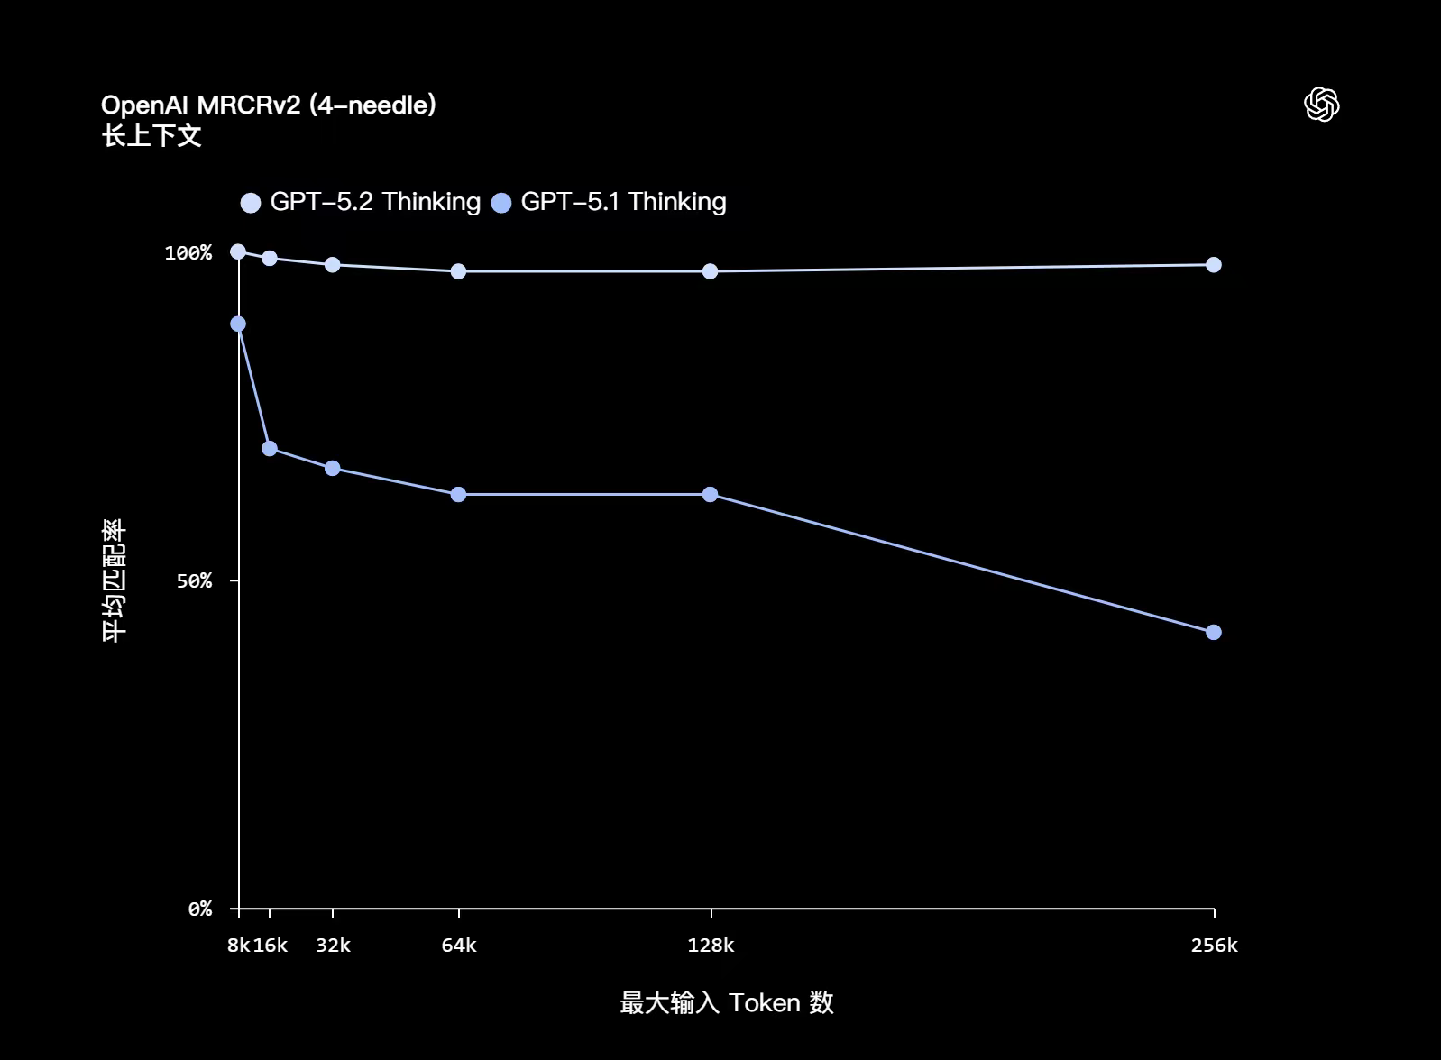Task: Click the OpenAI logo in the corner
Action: [x=1321, y=105]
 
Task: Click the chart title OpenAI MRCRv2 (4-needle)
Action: [x=269, y=105]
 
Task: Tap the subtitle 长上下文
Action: [x=151, y=136]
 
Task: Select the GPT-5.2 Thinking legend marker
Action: [x=251, y=202]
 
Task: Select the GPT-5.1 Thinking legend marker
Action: [x=501, y=202]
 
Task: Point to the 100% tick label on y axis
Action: [x=188, y=252]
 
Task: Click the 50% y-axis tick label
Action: [x=194, y=580]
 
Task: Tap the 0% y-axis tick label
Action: [x=199, y=909]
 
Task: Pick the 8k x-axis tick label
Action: [x=238, y=945]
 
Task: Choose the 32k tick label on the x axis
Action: [x=333, y=945]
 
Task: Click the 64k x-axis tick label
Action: [x=458, y=945]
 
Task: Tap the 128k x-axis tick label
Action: [x=711, y=945]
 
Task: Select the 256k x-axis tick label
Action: [x=1214, y=945]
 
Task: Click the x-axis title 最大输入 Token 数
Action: [x=726, y=1002]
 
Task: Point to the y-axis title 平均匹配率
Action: [x=115, y=580]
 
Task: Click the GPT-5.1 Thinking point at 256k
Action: [x=1214, y=632]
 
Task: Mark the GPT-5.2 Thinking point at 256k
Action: [x=1214, y=264]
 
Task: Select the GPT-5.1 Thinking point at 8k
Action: [x=238, y=324]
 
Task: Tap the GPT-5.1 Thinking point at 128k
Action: [x=711, y=494]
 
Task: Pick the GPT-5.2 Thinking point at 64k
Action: [x=458, y=271]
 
